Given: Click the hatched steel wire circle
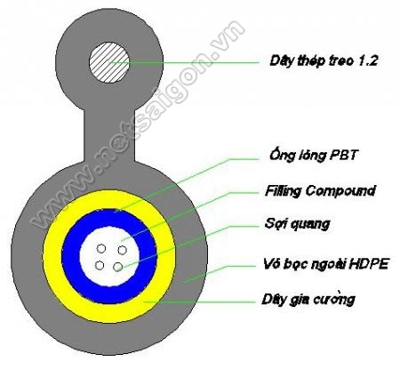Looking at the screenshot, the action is click(109, 62).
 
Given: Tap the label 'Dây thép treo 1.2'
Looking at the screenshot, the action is click(324, 60).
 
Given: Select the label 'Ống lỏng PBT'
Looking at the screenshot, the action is click(314, 155).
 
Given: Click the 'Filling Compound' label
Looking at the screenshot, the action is click(321, 190).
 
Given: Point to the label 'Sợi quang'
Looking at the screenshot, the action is click(298, 224).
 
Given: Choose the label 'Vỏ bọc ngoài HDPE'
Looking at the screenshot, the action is click(325, 264).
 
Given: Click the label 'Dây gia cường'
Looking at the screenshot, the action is click(308, 299).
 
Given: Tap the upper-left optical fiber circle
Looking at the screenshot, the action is click(101, 249).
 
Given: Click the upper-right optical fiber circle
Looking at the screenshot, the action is click(122, 250).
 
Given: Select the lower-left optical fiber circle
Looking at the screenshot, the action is click(100, 265).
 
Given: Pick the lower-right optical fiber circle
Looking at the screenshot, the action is click(117, 267).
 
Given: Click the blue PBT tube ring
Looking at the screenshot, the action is click(70, 256).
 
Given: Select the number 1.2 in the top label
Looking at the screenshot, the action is click(368, 60).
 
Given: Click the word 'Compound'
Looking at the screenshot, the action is click(340, 190).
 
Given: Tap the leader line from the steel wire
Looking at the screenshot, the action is click(184, 62).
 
